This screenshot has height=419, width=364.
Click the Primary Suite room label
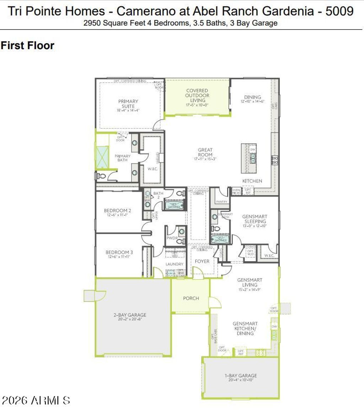(128, 104)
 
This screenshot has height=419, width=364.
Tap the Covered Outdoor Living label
(197, 95)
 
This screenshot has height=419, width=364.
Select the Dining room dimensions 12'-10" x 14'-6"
(252, 102)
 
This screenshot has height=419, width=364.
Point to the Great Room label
(205, 152)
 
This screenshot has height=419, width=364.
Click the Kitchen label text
(252, 181)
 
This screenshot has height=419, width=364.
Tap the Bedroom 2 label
(117, 210)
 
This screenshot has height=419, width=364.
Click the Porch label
(191, 298)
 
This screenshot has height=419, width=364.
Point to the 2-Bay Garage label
(130, 315)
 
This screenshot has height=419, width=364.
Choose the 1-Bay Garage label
(241, 376)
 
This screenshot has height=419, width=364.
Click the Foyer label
(202, 261)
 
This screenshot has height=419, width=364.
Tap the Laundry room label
(174, 264)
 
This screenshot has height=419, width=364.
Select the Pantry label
(221, 202)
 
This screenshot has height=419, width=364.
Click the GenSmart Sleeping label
(255, 219)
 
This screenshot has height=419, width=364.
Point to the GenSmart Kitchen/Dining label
(245, 328)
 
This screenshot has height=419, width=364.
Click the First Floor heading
(27, 46)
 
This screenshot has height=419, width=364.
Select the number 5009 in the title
(339, 11)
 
